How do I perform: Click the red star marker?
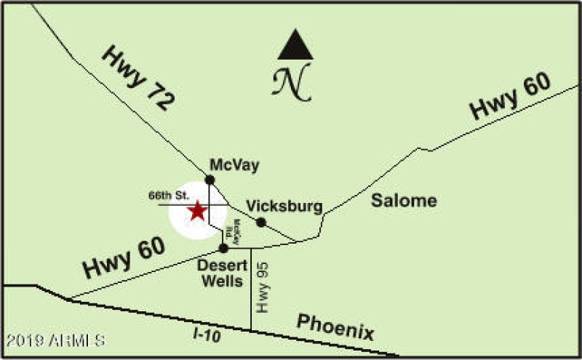(197, 211)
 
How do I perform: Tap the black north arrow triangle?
(295, 47)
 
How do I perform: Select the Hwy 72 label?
(137, 78)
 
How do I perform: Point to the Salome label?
(404, 201)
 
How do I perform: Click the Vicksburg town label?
(284, 207)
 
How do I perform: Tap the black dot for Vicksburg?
(261, 222)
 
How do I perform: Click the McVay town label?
(234, 164)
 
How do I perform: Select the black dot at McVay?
(210, 180)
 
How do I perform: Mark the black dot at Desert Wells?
(224, 248)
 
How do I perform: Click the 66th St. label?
(169, 196)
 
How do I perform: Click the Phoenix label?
(335, 327)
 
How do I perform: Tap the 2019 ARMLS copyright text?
(55, 340)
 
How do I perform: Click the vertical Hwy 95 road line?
(251, 305)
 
